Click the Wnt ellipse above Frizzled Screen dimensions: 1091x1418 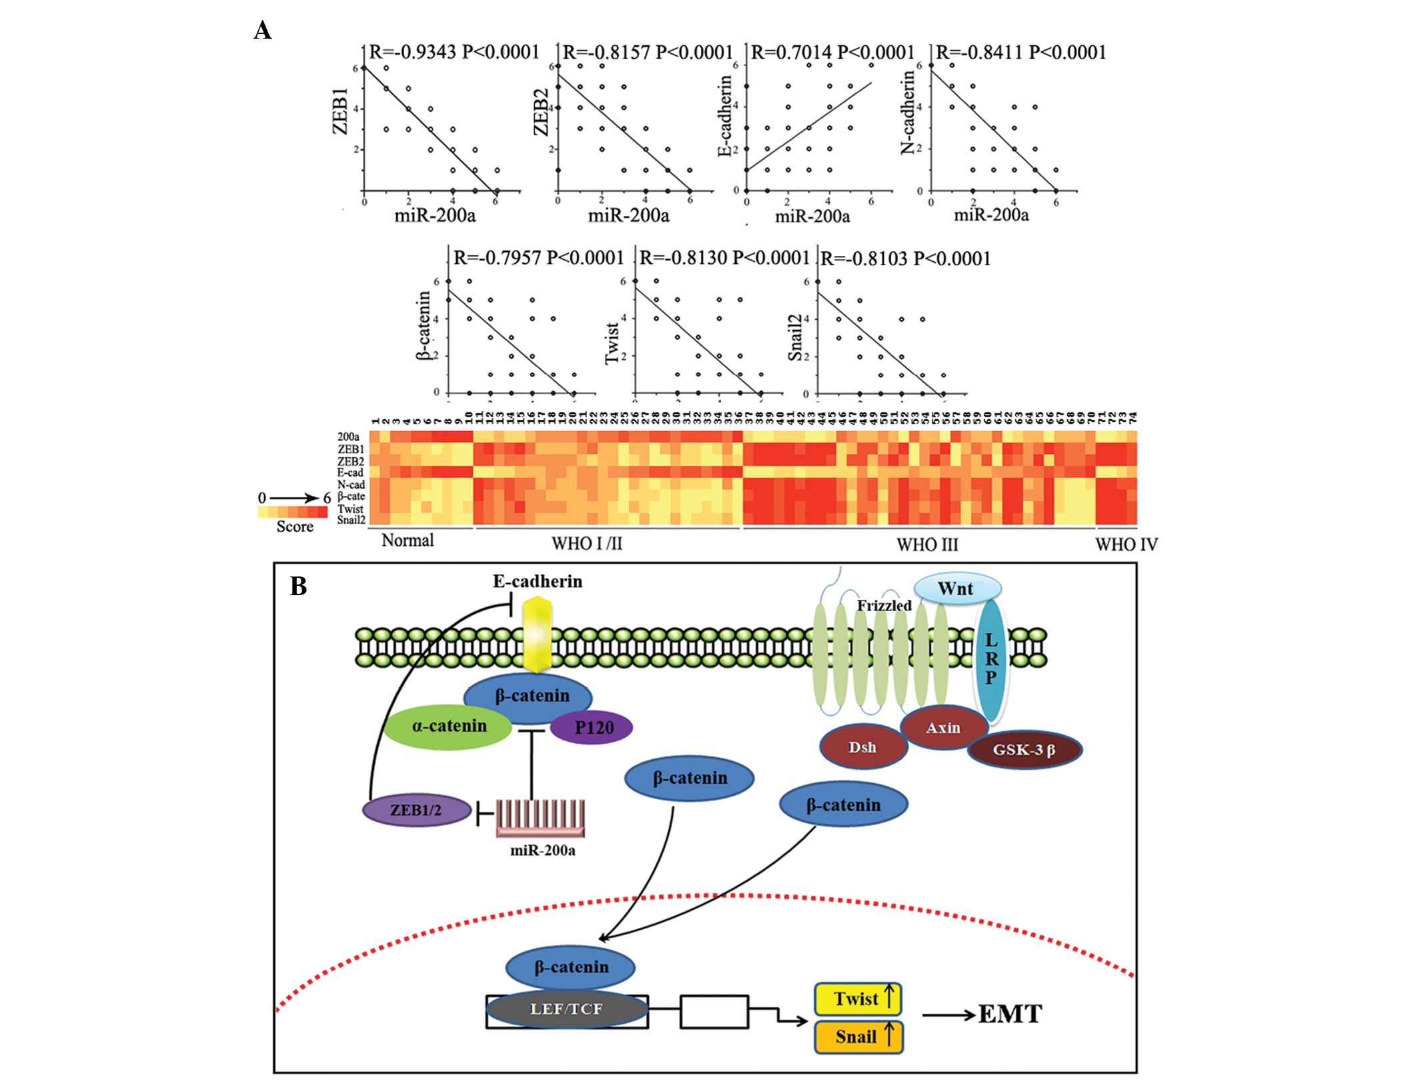(x=956, y=589)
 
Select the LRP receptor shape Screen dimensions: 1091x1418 (x=991, y=659)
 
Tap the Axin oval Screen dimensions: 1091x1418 (x=943, y=728)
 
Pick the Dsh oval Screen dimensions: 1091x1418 (x=862, y=747)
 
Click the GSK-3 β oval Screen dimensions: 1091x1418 (x=1024, y=749)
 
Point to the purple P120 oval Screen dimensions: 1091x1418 (x=592, y=727)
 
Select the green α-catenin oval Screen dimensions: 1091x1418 (x=449, y=726)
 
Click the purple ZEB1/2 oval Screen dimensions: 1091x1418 (x=416, y=810)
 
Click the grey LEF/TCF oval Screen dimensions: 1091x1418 (x=566, y=1009)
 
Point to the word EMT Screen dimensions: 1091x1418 (x=1010, y=1014)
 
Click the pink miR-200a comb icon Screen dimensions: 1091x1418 (x=540, y=818)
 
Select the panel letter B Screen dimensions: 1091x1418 (x=298, y=586)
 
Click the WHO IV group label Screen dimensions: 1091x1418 (x=1126, y=545)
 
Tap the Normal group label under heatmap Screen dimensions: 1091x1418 (x=408, y=541)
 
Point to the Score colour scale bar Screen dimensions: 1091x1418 (x=293, y=512)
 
